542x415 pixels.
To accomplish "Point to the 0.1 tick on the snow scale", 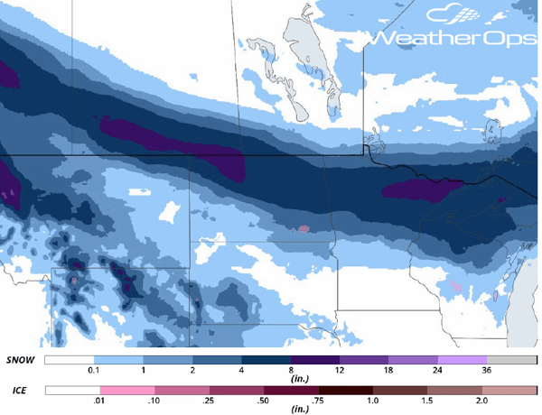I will (x=91, y=371).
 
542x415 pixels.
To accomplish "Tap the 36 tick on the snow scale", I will (x=489, y=371).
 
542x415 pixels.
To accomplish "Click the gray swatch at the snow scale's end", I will (x=513, y=359).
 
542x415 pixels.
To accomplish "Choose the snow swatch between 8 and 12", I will (x=315, y=359).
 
